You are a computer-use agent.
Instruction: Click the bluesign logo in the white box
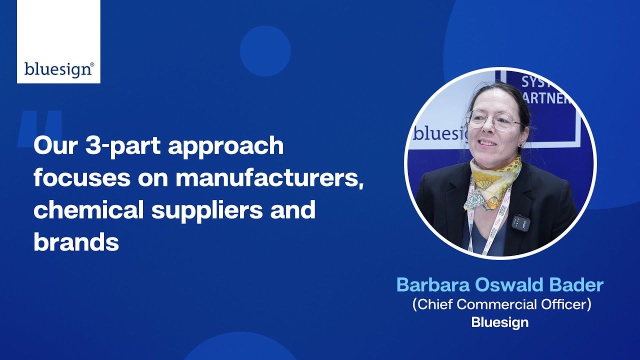pos(58,68)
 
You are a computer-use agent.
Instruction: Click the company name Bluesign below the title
pos(499,322)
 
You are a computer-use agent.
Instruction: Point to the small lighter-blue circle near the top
pos(265,50)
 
